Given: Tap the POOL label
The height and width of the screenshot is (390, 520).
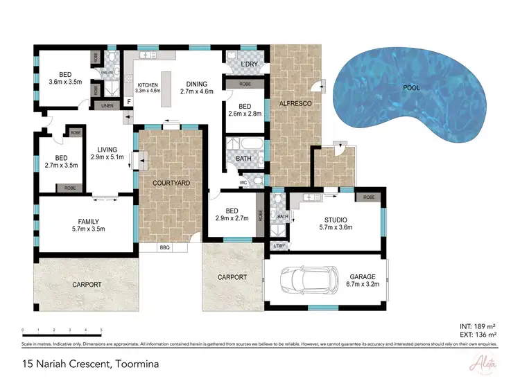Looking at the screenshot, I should [x=411, y=89].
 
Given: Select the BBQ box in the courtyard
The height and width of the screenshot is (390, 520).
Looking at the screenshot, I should [x=164, y=247].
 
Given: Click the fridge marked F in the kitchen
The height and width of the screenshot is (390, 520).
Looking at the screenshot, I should [x=128, y=103].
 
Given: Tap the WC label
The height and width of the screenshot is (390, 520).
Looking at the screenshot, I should [x=243, y=183].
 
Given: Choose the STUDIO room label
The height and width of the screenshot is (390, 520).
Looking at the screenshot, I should [x=336, y=220].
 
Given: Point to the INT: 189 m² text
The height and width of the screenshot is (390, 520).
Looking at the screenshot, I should [x=477, y=326].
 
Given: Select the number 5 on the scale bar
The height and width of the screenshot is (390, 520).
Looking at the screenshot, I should [x=101, y=330].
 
